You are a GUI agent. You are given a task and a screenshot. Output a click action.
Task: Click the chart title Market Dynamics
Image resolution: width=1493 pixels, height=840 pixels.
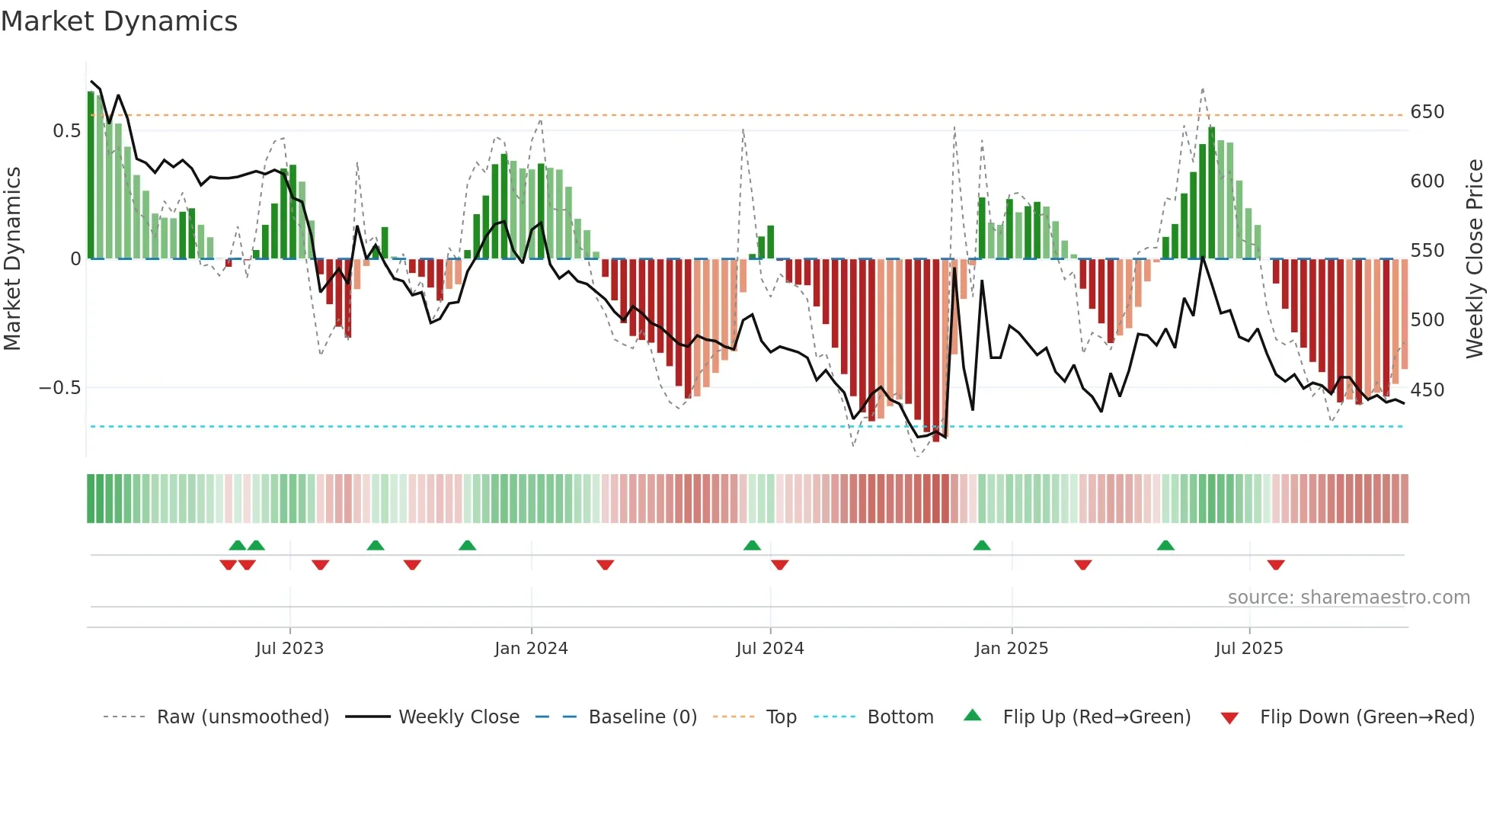click(119, 21)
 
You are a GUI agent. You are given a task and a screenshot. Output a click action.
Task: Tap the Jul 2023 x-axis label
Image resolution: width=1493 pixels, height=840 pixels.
click(289, 649)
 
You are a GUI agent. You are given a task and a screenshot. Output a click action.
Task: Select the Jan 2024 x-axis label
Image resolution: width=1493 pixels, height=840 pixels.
click(531, 649)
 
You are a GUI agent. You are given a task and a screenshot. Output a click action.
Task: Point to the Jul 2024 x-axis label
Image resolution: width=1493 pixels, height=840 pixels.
click(769, 649)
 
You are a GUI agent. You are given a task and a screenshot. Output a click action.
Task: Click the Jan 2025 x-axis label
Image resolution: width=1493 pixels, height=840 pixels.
click(1011, 649)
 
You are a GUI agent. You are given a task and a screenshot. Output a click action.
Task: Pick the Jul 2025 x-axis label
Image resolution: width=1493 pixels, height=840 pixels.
click(1248, 649)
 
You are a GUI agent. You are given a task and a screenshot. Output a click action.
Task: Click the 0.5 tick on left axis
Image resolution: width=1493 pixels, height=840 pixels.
click(66, 131)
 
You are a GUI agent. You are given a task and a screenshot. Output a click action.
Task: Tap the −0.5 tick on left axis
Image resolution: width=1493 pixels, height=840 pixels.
click(59, 388)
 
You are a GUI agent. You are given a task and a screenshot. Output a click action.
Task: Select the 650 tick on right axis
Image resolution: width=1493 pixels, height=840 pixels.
click(1427, 112)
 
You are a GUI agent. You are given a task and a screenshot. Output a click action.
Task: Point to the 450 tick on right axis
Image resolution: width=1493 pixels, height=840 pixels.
click(1427, 390)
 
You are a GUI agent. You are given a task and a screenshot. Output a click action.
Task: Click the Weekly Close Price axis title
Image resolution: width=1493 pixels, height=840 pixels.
click(1475, 259)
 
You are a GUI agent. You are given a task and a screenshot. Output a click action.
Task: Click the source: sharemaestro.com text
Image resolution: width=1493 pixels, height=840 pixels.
click(1348, 598)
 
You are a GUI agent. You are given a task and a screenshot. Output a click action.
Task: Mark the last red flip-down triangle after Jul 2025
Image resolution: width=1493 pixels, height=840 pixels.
click(1276, 565)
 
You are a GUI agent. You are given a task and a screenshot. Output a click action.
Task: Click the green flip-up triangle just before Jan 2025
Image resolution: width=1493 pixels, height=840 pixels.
click(982, 545)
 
